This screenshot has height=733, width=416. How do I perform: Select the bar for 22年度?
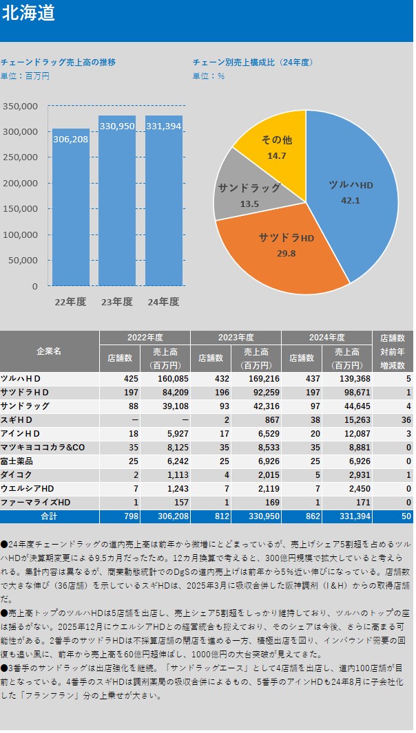tap(71, 206)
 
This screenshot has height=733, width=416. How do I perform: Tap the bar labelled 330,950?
tap(117, 199)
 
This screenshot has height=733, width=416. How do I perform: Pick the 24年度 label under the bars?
tap(164, 302)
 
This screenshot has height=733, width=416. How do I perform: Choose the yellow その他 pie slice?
tap(275, 144)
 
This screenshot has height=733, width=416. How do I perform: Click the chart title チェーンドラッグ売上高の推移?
tap(59, 61)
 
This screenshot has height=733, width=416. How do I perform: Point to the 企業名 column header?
tap(49, 351)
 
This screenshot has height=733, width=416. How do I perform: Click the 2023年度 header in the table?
tap(236, 338)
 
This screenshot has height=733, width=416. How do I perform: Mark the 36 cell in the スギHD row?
tap(407, 419)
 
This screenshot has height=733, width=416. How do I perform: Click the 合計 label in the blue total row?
tap(49, 516)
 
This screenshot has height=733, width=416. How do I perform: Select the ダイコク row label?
tap(18, 474)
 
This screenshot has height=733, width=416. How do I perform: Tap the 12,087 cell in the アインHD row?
tap(347, 433)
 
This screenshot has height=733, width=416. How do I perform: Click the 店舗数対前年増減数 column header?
tap(393, 351)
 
